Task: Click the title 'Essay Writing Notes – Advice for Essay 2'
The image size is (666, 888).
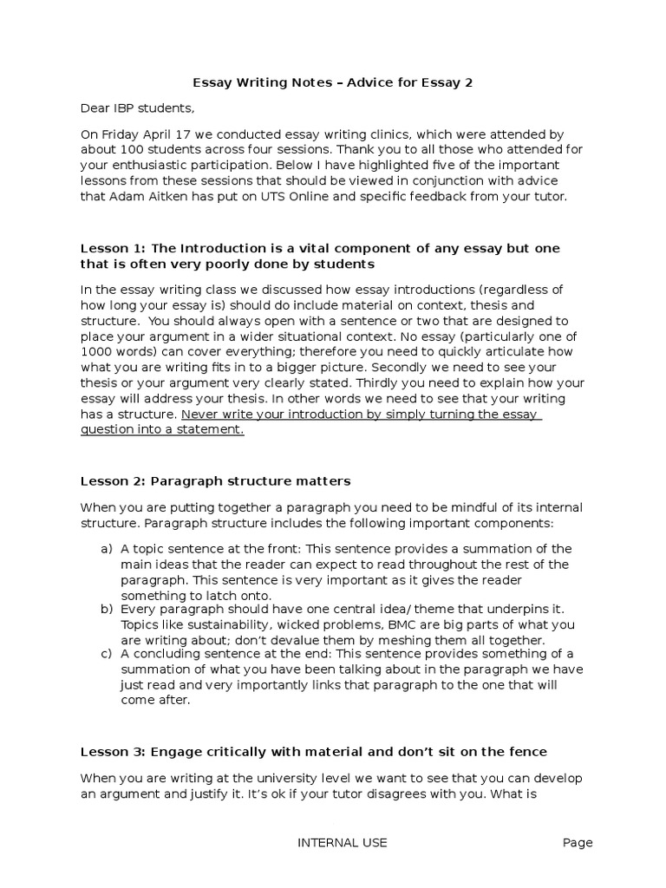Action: coord(332,82)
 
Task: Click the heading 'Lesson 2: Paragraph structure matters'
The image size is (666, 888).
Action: coord(216,480)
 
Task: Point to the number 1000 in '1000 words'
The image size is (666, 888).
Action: coord(97,352)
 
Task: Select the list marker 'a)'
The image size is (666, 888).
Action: coord(107,548)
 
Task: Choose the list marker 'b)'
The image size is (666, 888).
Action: coord(107,610)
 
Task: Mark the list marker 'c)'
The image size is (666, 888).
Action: coord(107,654)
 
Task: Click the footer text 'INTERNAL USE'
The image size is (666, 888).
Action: coord(343,842)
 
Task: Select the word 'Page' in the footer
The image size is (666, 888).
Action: coord(577,842)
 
